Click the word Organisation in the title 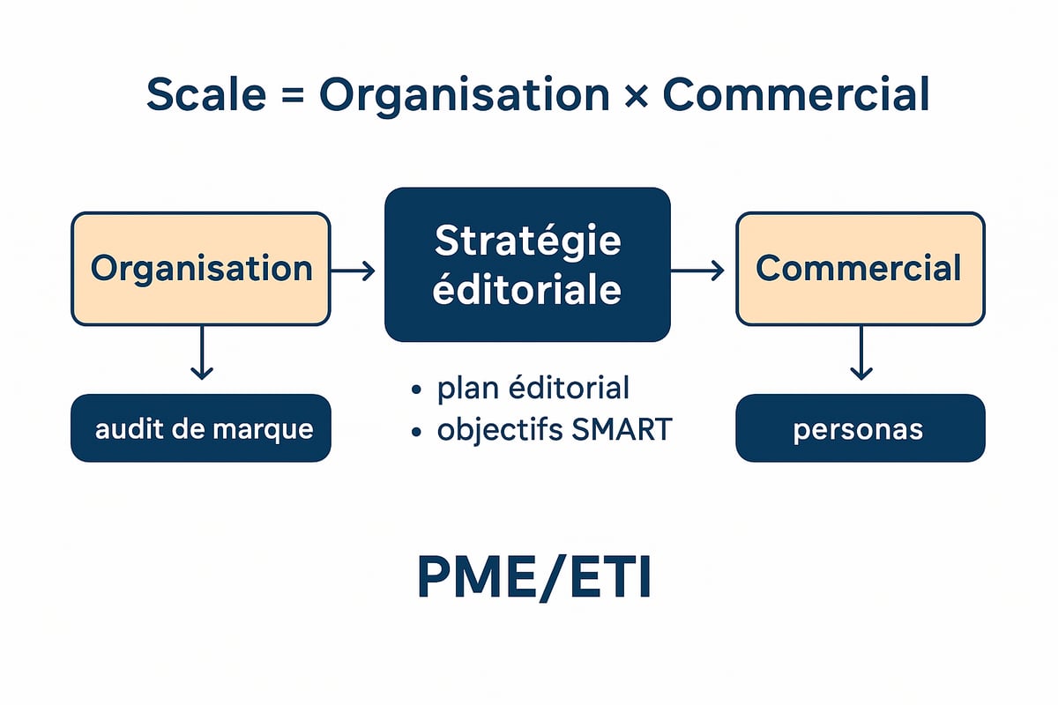point(465,96)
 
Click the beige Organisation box point(201,269)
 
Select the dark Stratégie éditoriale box point(527,264)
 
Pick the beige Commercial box point(860,269)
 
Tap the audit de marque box point(201,428)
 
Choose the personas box point(860,428)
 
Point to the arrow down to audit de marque point(202,352)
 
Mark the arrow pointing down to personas point(861,352)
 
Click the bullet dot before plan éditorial point(415,390)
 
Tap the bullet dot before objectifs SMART point(415,431)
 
